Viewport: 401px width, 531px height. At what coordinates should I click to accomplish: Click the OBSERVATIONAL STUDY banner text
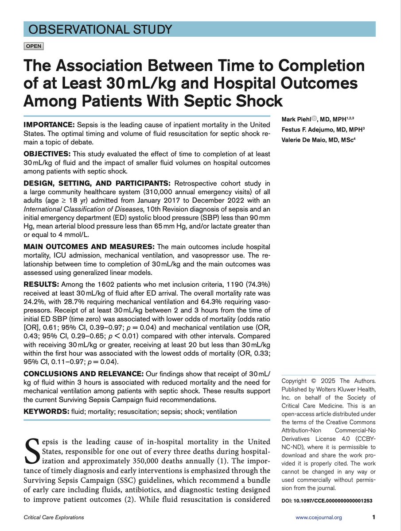100,30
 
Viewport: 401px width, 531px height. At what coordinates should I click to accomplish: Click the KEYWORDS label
47,412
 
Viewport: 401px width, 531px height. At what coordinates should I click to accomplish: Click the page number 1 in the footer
374,517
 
